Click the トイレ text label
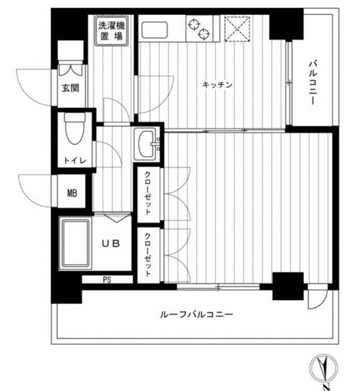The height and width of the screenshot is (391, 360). pyautogui.click(x=72, y=161)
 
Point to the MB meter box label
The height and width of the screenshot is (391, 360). pyautogui.click(x=72, y=194)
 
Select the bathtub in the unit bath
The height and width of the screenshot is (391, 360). pyautogui.click(x=75, y=243)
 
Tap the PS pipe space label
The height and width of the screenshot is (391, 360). pyautogui.click(x=107, y=280)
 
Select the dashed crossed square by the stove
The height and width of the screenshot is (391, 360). pyautogui.click(x=237, y=28)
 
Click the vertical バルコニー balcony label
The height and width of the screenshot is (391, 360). pyautogui.click(x=312, y=83)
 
